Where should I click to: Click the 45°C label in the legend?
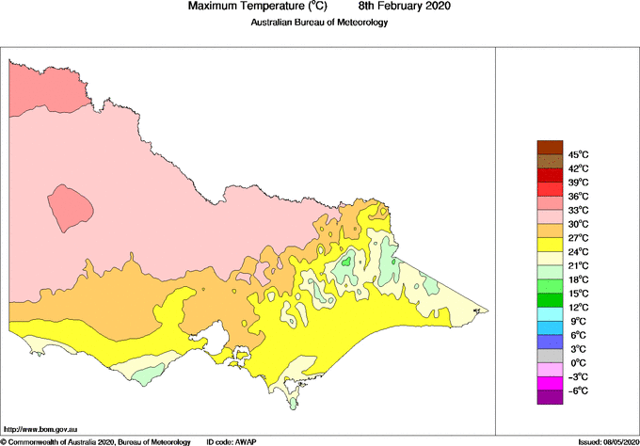578,154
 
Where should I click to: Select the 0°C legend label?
578,362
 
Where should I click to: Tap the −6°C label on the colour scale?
577,390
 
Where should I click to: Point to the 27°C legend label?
578,238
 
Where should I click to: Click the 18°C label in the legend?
578,279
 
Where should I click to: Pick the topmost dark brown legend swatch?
550,146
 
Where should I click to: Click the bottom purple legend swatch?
550,397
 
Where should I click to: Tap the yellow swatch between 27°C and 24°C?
550,245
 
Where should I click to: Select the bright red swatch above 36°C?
550,189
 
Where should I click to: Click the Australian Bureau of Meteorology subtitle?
319,22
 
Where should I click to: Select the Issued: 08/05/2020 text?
608,440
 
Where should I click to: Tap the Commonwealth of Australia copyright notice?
95,440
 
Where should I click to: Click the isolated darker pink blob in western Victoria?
72,208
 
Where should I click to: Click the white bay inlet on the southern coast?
218,333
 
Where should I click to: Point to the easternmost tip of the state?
486,309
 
